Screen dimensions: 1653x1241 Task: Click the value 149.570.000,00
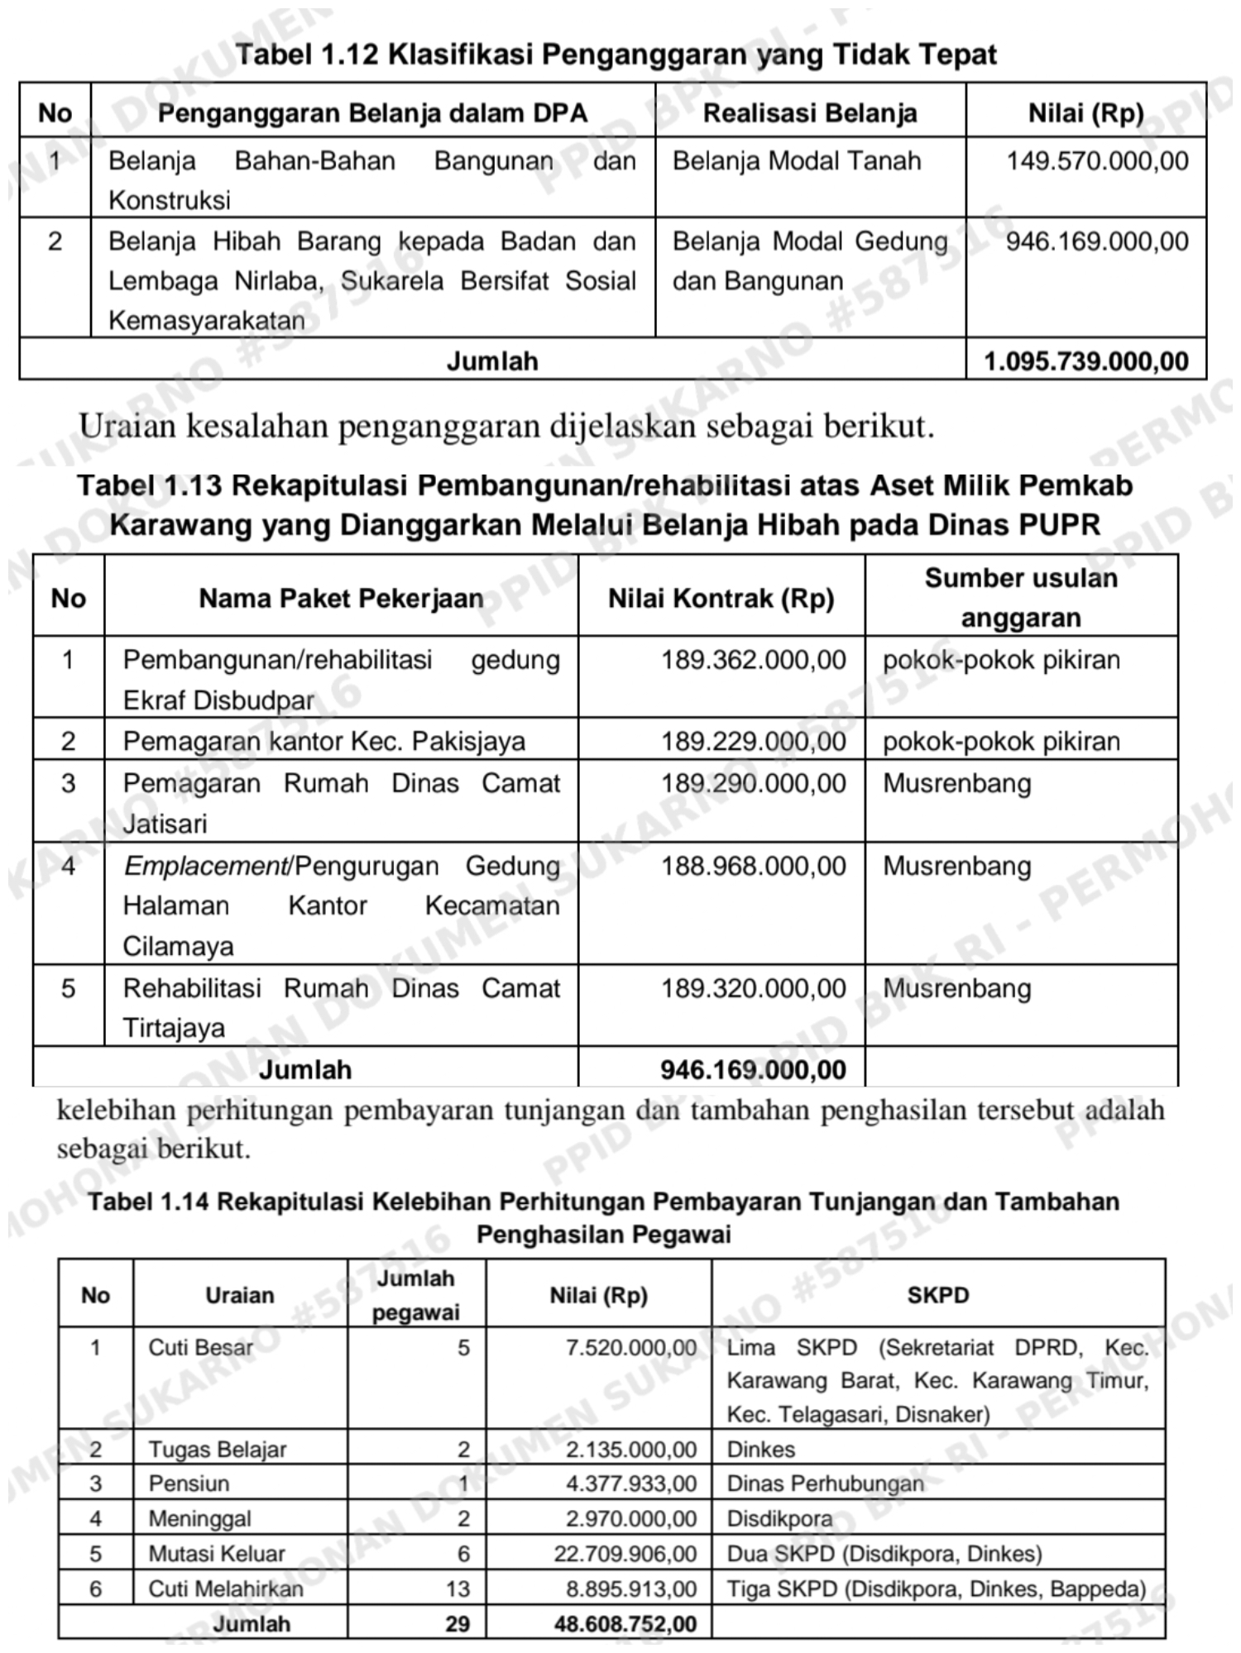click(x=1097, y=160)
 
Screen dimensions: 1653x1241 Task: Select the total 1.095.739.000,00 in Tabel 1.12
click(x=1085, y=361)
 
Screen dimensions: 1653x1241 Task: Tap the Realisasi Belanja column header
click(x=810, y=113)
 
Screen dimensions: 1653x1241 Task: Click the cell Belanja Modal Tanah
click(x=796, y=160)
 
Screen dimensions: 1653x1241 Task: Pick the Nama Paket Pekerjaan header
click(x=341, y=598)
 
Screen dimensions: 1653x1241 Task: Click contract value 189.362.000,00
click(x=753, y=660)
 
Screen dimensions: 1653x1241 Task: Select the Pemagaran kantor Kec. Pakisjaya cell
click(x=323, y=741)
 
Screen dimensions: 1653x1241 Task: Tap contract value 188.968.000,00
click(x=753, y=866)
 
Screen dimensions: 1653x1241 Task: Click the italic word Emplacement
click(x=205, y=866)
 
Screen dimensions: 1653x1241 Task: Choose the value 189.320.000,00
click(x=753, y=988)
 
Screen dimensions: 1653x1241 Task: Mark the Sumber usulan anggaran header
click(x=1021, y=597)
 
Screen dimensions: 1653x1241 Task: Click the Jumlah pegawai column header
click(x=416, y=1295)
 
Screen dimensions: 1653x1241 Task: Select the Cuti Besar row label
click(x=201, y=1347)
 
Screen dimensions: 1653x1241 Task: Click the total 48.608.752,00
click(x=625, y=1623)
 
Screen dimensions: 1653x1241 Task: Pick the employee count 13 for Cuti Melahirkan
click(x=457, y=1589)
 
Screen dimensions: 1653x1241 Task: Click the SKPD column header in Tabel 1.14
click(x=937, y=1295)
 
